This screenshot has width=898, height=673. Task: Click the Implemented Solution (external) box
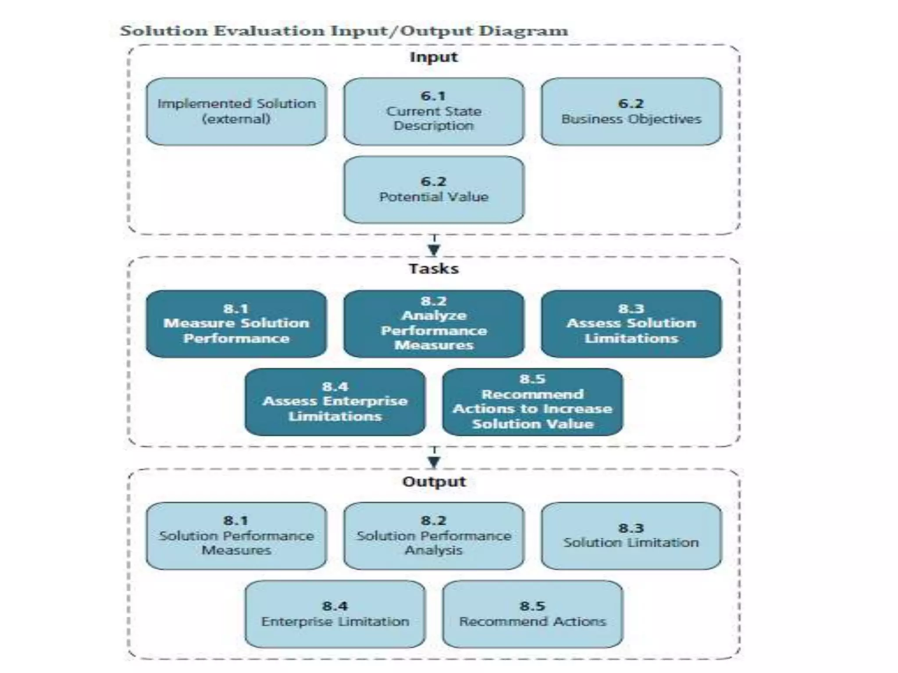236,111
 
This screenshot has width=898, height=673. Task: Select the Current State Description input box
434,111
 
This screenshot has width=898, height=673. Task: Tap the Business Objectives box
631,111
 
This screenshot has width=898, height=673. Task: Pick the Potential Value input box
434,189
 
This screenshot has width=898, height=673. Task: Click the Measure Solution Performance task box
236,324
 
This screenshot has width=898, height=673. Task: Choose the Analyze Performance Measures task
434,324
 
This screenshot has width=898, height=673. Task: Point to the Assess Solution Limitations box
631,324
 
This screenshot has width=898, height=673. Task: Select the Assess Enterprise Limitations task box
335,401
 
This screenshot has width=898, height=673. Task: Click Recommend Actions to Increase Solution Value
532,401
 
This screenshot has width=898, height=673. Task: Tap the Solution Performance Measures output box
236,535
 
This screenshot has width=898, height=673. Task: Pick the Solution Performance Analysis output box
434,535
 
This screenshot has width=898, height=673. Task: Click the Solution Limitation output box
631,535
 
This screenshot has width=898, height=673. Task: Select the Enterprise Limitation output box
335,613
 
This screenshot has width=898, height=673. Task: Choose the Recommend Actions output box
532,613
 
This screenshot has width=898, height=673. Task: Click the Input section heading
434,57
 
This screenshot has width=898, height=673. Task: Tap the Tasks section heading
434,269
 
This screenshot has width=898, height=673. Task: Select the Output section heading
434,481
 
